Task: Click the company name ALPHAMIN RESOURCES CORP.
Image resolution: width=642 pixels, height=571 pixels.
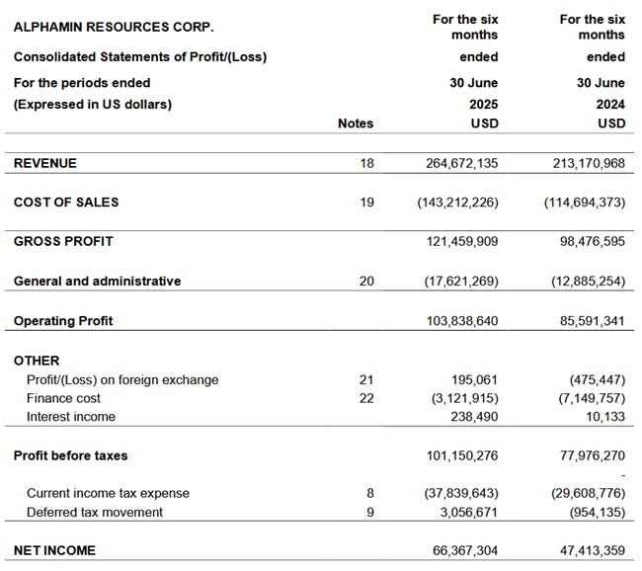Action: click(x=114, y=27)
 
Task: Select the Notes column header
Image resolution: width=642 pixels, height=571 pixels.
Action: click(x=356, y=123)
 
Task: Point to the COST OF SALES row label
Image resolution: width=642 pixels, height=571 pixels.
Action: click(x=66, y=203)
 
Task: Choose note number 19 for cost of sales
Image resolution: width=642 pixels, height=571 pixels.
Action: click(x=366, y=203)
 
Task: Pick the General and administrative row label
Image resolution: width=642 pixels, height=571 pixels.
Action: click(x=97, y=282)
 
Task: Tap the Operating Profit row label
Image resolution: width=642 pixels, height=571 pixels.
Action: click(x=63, y=321)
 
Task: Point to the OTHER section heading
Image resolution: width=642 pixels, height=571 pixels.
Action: click(x=37, y=361)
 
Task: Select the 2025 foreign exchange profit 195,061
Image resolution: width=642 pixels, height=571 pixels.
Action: click(x=472, y=380)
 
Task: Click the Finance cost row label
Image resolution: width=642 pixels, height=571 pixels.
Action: click(x=63, y=398)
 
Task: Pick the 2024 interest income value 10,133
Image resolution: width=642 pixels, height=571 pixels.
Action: click(x=604, y=417)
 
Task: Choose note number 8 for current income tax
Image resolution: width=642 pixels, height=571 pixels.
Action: click(x=370, y=493)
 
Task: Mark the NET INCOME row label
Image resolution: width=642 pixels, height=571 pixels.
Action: click(x=54, y=550)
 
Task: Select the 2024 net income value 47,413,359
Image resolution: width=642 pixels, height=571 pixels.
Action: click(x=582, y=550)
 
